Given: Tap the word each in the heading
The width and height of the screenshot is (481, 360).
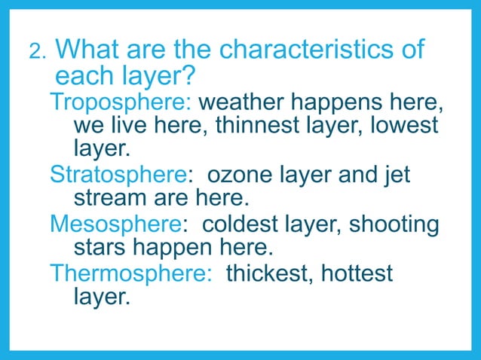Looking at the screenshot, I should [x=81, y=76].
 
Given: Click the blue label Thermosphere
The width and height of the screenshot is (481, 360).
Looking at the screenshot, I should [x=130, y=273].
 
